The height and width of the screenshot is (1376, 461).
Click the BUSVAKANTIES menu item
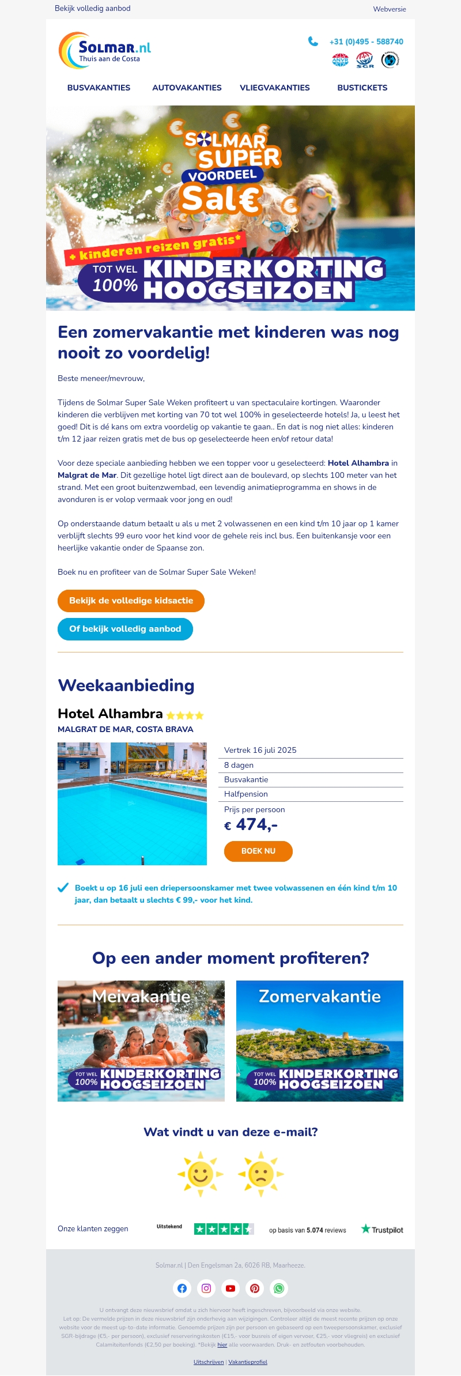99,88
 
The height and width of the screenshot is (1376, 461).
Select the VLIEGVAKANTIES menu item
274,88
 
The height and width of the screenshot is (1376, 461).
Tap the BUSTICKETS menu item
362,88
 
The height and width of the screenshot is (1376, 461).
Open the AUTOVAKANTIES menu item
187,88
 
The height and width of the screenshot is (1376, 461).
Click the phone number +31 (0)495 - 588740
366,42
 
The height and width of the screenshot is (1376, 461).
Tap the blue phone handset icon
313,41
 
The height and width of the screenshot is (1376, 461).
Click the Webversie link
390,9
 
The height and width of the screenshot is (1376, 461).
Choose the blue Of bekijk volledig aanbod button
125,629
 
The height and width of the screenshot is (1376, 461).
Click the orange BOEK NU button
258,851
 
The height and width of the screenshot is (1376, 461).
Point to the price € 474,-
251,825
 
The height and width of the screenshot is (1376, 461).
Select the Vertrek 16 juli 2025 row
260,750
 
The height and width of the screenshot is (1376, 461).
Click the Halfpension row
246,794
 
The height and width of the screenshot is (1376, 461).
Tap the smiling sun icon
201,1174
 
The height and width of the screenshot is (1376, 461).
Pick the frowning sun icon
260,1174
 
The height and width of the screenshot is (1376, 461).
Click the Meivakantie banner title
141,996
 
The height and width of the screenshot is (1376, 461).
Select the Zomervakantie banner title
320,996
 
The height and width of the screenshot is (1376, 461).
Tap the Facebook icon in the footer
182,1288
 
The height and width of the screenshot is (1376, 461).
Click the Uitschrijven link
209,1362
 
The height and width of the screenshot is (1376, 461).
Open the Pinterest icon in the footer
255,1288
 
